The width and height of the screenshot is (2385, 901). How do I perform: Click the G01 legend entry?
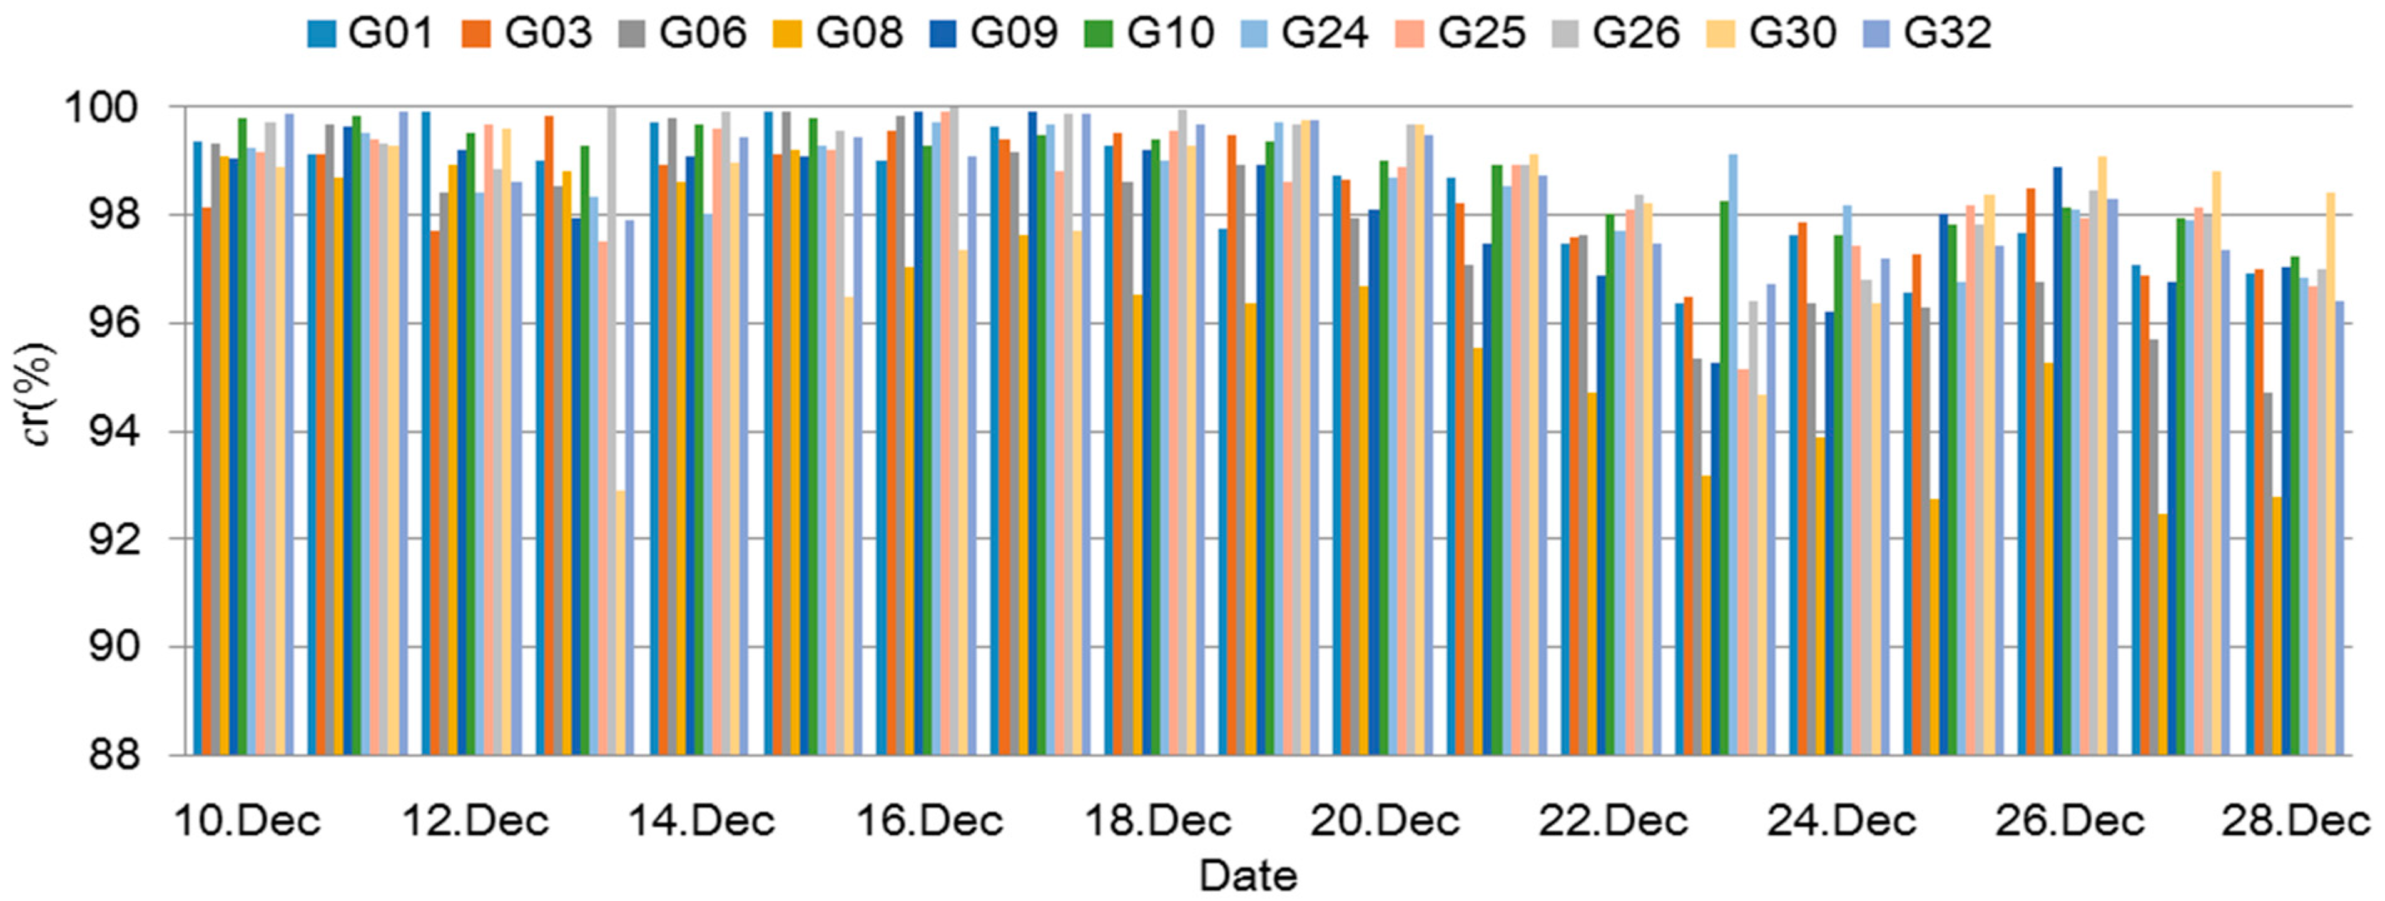point(370,33)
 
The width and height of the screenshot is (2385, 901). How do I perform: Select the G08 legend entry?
point(838,33)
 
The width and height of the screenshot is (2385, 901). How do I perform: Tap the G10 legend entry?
point(1149,33)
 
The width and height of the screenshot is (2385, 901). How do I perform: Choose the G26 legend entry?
point(1615,33)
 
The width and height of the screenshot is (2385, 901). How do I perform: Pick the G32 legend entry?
point(1926,33)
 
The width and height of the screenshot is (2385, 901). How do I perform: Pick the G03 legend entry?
point(527,33)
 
